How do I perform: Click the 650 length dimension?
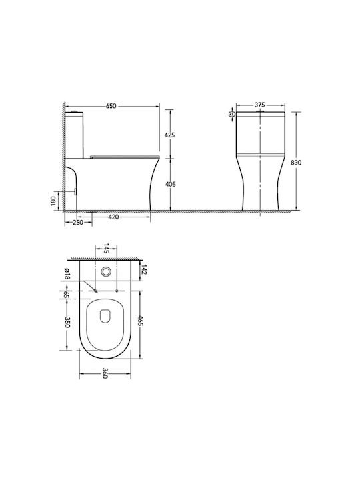(111, 106)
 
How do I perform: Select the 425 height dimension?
(169, 135)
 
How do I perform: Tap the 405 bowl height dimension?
(170, 184)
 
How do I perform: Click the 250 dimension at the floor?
(78, 223)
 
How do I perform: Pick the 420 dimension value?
(113, 217)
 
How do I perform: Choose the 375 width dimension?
(260, 105)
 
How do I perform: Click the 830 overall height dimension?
(296, 163)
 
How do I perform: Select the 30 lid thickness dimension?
(232, 114)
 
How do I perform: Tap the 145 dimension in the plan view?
(106, 248)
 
